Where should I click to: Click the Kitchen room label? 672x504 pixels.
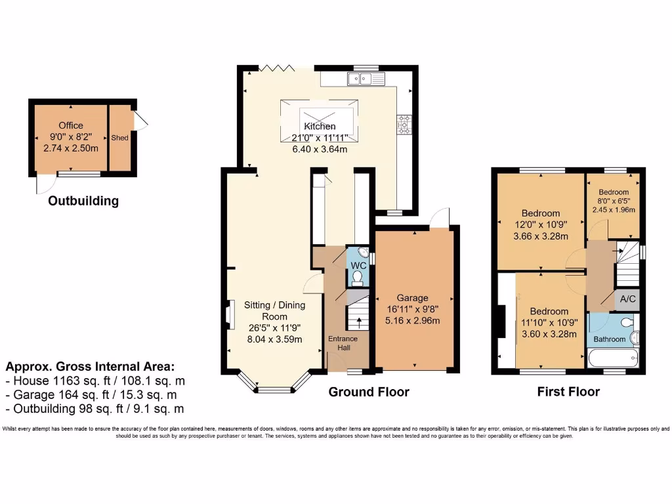pos(320,126)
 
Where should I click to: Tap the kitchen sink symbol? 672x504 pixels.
pos(360,79)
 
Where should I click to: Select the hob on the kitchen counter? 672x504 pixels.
pos(403,125)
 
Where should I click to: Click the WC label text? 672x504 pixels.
pos(358,265)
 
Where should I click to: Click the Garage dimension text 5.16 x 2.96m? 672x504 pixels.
pos(413,321)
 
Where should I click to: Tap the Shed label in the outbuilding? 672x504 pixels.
pos(119,138)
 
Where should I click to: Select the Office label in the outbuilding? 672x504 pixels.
pos(70,125)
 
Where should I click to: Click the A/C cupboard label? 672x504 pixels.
pos(627,299)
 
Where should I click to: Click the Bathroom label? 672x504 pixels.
pos(610,339)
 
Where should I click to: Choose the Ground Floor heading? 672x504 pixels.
pos(369,392)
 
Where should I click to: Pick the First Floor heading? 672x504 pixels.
pos(568,392)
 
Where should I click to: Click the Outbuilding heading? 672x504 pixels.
pos(83,201)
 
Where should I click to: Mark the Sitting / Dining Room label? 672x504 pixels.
pos(274,310)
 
